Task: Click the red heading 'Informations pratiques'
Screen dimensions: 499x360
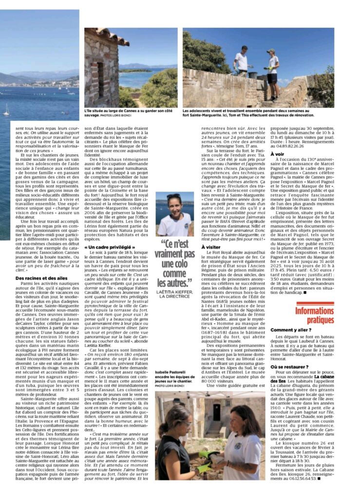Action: click(314, 315)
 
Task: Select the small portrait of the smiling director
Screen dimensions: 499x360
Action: click(174, 214)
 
